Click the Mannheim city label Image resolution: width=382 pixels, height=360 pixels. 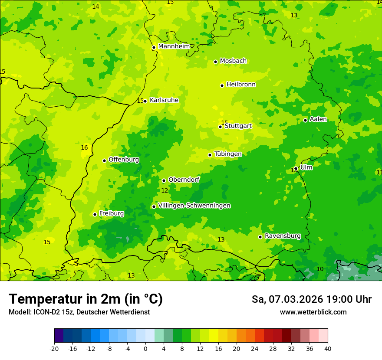coord(174,46)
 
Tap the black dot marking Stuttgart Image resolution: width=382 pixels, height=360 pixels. coord(220,127)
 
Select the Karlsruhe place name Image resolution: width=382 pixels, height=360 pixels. coord(164,100)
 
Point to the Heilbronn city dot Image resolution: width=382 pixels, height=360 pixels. coord(222,85)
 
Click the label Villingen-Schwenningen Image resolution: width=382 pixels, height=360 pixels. coord(194,206)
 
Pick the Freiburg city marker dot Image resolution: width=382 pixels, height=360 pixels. coord(95,214)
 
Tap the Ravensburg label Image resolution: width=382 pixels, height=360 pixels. coord(282,236)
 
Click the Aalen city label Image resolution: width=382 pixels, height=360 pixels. coord(318,119)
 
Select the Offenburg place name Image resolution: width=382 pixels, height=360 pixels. coord(124,160)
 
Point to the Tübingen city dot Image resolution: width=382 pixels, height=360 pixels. coord(210,155)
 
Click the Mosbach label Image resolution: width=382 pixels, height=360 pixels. coord(233,61)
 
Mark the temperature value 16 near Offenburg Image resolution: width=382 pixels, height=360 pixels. coord(84,148)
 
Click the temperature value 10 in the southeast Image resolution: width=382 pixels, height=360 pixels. coord(320,269)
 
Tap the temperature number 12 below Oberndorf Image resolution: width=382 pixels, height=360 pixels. coord(165,191)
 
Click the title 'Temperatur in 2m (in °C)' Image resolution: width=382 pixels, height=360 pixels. coord(86,299)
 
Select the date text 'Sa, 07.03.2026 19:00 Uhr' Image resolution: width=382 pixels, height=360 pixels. coord(311,299)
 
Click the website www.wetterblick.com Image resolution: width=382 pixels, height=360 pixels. coord(313,312)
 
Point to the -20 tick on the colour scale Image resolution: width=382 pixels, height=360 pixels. coord(54,349)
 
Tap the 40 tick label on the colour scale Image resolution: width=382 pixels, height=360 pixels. coord(327,349)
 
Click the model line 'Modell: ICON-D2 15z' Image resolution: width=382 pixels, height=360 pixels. coord(79,312)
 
